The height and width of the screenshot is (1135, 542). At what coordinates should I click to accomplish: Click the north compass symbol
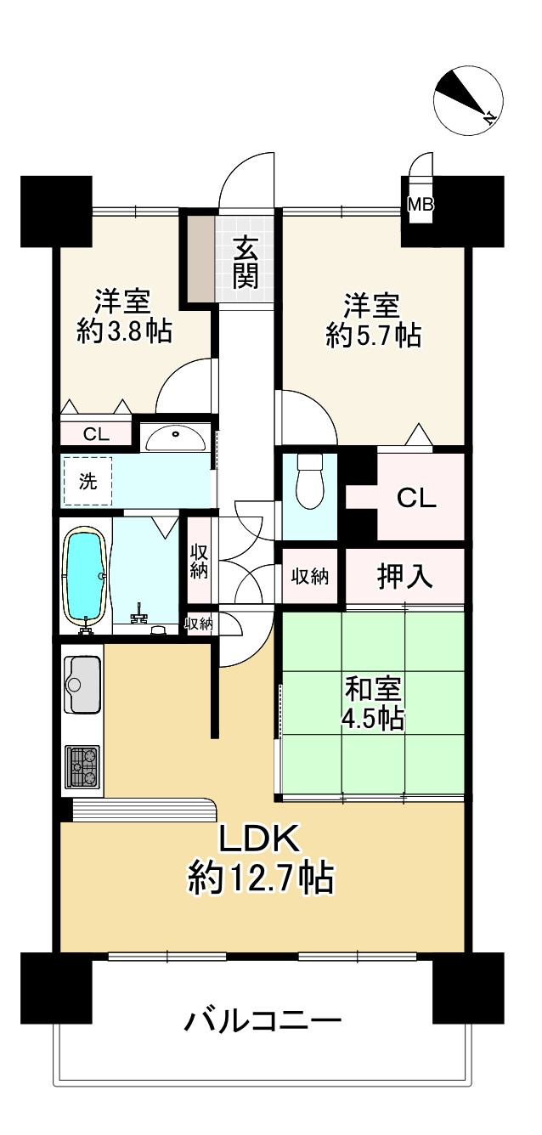[468, 100]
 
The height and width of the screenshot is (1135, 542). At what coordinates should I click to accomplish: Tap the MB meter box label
[420, 204]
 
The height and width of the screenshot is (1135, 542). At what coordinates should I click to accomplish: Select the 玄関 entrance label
[246, 263]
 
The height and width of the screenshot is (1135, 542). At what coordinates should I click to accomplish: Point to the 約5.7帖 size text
[373, 336]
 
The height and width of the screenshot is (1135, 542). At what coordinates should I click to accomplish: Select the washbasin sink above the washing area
[174, 438]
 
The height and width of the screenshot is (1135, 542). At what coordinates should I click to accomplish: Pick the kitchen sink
[82, 685]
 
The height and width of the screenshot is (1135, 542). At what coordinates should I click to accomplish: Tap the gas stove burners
[82, 767]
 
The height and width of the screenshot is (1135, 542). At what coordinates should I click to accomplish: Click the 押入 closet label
[405, 578]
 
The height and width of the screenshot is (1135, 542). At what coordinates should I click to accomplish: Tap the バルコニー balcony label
[263, 1018]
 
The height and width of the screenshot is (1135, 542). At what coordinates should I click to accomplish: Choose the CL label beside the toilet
[417, 498]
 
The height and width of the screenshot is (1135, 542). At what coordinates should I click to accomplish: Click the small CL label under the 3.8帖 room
[96, 434]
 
